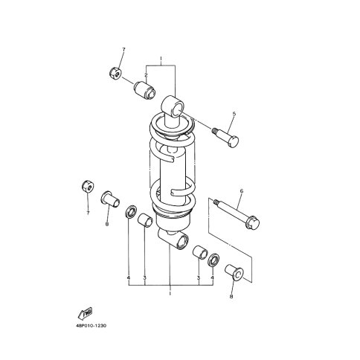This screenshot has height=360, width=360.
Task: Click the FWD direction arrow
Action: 85,313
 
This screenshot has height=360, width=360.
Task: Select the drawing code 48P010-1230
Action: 91,326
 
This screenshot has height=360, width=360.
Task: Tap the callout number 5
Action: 234,114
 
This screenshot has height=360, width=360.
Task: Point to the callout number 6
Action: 242,191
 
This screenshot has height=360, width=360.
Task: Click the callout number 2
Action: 146,74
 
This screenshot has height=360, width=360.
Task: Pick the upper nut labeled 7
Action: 115,73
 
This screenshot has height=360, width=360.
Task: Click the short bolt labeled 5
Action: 225,138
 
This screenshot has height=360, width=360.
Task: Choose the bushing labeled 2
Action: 145,91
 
